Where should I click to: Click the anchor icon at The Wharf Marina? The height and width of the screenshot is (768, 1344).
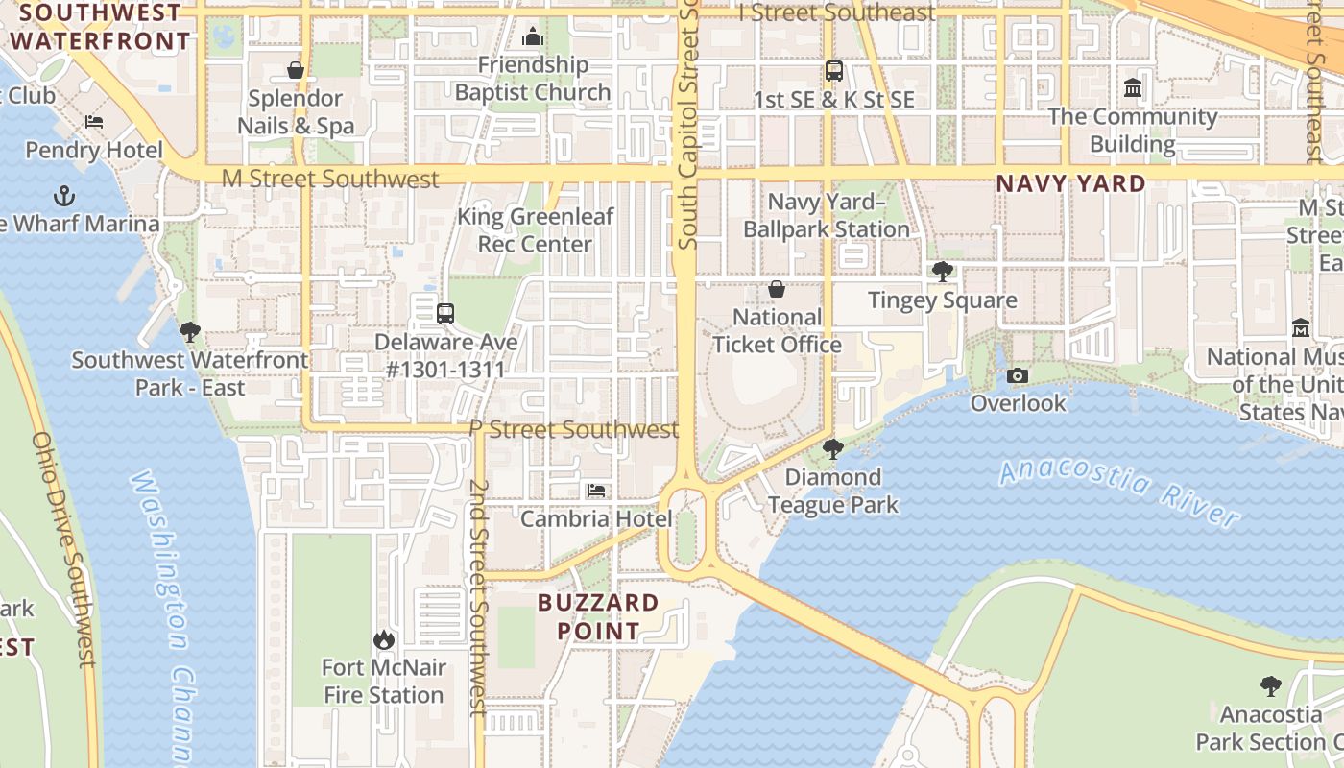pyautogui.click(x=64, y=197)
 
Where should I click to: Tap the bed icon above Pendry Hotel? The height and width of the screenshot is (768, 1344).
pyautogui.click(x=94, y=122)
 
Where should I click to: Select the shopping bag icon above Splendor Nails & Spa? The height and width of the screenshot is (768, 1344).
pyautogui.click(x=296, y=70)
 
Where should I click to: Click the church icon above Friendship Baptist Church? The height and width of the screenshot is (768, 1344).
pyautogui.click(x=532, y=37)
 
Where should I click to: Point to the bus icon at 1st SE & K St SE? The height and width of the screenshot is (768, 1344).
pyautogui.click(x=833, y=71)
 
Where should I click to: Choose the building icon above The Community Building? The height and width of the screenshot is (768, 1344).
pyautogui.click(x=1133, y=88)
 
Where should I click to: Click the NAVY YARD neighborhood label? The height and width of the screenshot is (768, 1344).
pyautogui.click(x=1070, y=183)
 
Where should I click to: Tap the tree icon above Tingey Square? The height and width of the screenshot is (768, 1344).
pyautogui.click(x=943, y=272)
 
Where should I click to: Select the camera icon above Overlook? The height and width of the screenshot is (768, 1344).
pyautogui.click(x=1018, y=375)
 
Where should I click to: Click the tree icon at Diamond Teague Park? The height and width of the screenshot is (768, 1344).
pyautogui.click(x=832, y=448)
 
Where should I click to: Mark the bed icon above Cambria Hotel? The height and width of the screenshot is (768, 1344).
pyautogui.click(x=596, y=491)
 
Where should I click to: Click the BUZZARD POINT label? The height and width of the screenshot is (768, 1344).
pyautogui.click(x=599, y=617)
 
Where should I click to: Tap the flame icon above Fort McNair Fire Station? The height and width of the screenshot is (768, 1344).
pyautogui.click(x=383, y=639)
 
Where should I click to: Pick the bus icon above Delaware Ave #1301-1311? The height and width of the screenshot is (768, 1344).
pyautogui.click(x=444, y=313)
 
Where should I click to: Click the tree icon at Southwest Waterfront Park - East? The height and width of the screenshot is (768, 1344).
pyautogui.click(x=190, y=332)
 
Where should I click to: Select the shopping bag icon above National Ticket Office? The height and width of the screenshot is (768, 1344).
pyautogui.click(x=777, y=289)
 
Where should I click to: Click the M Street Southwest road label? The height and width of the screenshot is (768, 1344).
pyautogui.click(x=330, y=179)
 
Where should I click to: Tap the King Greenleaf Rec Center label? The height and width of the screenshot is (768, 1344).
pyautogui.click(x=535, y=230)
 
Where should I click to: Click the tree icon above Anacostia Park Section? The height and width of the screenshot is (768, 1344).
pyautogui.click(x=1271, y=686)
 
